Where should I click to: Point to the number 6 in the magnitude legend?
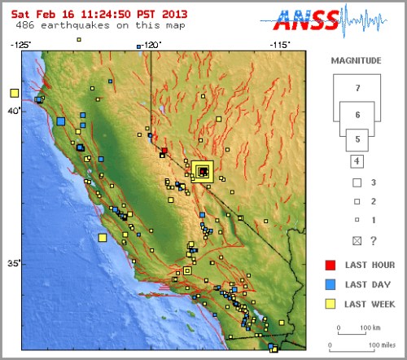pyautogui.click(x=357, y=116)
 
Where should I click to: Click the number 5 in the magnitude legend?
pyautogui.click(x=357, y=140)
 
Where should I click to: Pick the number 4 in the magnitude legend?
pyautogui.click(x=357, y=160)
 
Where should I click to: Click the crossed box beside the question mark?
pyautogui.click(x=357, y=239)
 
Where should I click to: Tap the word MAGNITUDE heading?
pyautogui.click(x=356, y=60)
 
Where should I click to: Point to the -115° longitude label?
pyautogui.click(x=280, y=46)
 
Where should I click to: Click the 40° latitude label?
pyautogui.click(x=12, y=111)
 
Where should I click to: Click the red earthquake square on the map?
pyautogui.click(x=164, y=151)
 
